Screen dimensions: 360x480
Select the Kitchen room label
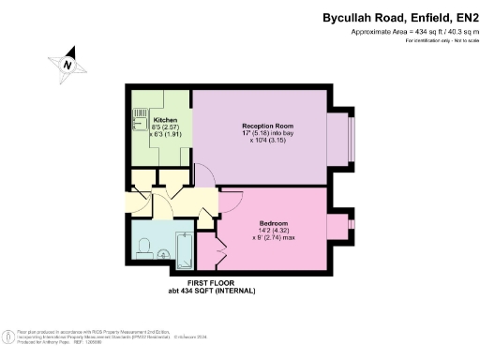tap(140, 120)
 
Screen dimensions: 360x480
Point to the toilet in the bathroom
tap(143, 247)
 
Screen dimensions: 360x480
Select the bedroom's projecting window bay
tap(338, 227)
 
